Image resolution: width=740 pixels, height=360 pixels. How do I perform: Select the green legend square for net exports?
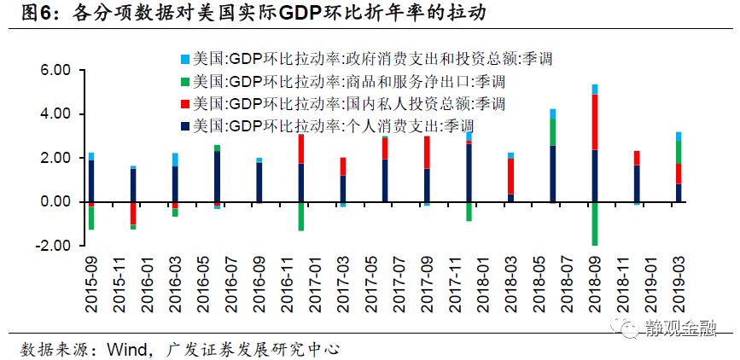184,81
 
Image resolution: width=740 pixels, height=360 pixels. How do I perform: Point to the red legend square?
184,103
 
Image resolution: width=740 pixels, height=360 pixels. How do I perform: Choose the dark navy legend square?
184,125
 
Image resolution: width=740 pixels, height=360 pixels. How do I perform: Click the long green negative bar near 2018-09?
595,224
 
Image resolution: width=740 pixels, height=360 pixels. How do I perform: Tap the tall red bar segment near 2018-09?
595,122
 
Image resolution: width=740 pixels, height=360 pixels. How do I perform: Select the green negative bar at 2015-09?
91,218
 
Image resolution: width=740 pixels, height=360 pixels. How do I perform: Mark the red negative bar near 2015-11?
133,212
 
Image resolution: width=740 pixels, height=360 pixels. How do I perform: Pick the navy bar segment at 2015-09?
91,181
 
